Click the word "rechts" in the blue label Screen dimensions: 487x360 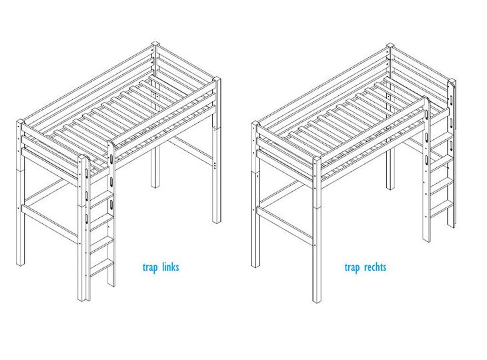click(375, 267)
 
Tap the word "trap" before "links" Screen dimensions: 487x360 click(150, 268)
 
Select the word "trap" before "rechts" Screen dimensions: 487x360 click(352, 268)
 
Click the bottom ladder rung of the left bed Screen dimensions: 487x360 click(102, 267)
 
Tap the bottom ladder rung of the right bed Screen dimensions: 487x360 click(442, 209)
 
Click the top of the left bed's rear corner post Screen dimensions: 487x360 click(155, 44)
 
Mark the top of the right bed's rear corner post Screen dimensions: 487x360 click(390, 45)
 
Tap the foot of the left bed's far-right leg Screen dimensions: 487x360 click(217, 221)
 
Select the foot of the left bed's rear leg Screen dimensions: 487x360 click(155, 185)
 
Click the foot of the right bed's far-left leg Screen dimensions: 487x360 click(256, 265)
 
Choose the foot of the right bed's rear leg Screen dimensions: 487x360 click(390, 187)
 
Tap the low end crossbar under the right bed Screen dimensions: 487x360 click(284, 226)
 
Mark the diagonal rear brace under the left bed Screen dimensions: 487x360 click(191, 151)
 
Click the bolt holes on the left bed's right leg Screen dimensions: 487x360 click(215, 165)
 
